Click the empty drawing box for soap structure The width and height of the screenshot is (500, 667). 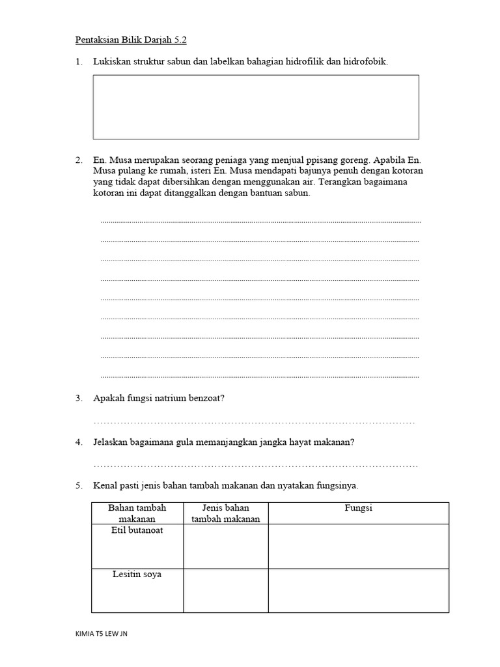pyautogui.click(x=256, y=107)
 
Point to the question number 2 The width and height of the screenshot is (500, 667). pyautogui.click(x=78, y=160)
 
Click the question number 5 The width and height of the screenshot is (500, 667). pyautogui.click(x=78, y=486)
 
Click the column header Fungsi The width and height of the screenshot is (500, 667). pyautogui.click(x=358, y=508)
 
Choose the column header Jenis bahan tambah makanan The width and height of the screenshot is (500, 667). pyautogui.click(x=226, y=513)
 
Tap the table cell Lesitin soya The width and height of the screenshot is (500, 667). pyautogui.click(x=137, y=575)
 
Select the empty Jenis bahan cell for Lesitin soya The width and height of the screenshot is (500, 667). pyautogui.click(x=226, y=590)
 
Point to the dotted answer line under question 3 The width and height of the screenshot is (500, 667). pyautogui.click(x=254, y=423)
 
